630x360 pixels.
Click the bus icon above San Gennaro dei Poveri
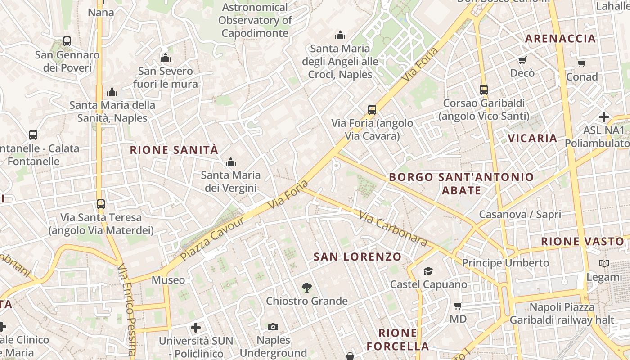(x=67, y=41)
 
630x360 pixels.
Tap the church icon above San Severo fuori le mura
(x=166, y=58)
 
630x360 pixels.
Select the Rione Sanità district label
(x=174, y=150)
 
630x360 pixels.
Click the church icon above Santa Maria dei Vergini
(x=231, y=162)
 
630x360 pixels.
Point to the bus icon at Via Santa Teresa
(x=101, y=204)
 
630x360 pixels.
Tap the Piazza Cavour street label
(x=212, y=239)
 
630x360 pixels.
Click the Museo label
(x=168, y=280)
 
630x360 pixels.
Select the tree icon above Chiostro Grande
(x=307, y=287)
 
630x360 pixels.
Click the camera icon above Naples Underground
(x=273, y=327)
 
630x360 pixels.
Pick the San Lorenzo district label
(x=357, y=257)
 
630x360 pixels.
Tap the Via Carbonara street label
(x=393, y=229)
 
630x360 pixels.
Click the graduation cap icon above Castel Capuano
(x=428, y=271)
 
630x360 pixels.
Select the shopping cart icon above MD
(x=458, y=306)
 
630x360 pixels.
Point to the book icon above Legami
(x=604, y=263)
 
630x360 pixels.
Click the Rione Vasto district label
(x=582, y=242)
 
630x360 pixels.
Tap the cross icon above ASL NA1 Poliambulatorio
(x=604, y=117)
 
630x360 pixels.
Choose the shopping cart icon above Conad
(x=582, y=64)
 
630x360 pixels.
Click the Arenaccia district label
(x=561, y=39)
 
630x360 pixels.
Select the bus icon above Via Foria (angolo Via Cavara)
(x=372, y=109)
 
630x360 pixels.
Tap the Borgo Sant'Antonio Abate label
(x=461, y=183)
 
